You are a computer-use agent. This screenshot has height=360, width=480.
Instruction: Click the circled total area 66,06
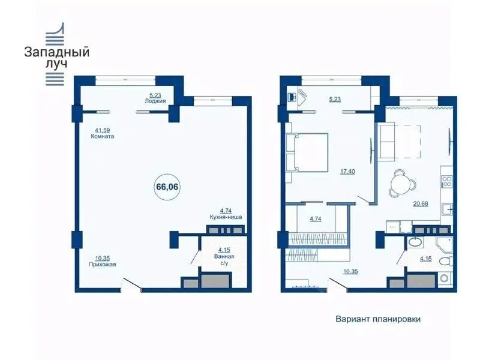tap(167, 187)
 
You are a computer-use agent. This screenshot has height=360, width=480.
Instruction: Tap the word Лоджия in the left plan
tap(155, 101)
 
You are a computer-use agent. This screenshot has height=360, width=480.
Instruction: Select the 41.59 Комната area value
tap(102, 130)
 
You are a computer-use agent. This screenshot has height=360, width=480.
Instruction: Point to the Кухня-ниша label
tap(226, 217)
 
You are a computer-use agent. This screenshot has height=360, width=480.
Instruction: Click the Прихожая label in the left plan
tap(102, 265)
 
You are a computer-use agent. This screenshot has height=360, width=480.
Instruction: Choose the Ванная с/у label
tap(224, 260)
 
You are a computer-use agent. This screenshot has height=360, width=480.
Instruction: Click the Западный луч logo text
tap(56, 58)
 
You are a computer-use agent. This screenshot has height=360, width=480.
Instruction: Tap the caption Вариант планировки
tap(378, 319)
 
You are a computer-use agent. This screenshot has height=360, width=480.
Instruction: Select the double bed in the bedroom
tap(307, 152)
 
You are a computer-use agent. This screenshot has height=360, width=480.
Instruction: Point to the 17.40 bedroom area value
tap(347, 172)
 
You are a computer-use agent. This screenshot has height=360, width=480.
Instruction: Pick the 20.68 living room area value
tap(421, 203)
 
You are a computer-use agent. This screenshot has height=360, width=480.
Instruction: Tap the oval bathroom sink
tap(415, 242)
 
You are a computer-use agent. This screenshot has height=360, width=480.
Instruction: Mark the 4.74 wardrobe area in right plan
tap(316, 219)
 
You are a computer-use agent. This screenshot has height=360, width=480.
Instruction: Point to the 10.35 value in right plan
tap(350, 272)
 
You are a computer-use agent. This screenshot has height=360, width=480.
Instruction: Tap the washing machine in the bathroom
tap(444, 278)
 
